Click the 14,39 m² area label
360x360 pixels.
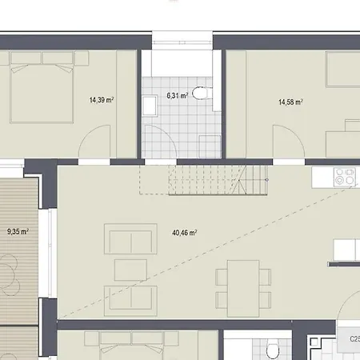tap(102, 100)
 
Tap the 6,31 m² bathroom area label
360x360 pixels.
tap(178, 95)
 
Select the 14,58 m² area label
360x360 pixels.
tap(290, 102)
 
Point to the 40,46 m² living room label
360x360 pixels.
tap(185, 233)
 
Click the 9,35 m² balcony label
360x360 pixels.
tap(18, 231)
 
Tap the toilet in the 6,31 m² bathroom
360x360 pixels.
tap(202, 93)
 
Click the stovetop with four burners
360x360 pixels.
tap(345, 177)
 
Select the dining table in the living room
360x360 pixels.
tap(243, 288)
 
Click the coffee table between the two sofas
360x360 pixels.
tap(130, 270)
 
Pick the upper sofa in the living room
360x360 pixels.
tap(130, 239)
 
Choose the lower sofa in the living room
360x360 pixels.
tap(130, 301)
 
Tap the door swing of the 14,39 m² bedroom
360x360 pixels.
tap(90, 132)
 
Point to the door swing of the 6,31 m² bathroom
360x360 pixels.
tap(166, 133)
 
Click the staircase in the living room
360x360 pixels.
tap(203, 180)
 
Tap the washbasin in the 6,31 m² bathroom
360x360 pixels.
tap(150, 106)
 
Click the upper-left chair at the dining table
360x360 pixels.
tap(222, 277)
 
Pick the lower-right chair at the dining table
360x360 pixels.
tap(265, 300)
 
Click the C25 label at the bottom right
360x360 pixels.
tap(354, 339)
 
